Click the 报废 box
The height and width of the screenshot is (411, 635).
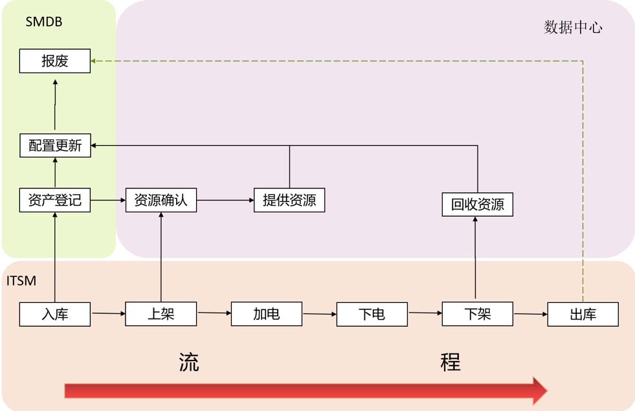pyautogui.click(x=55, y=61)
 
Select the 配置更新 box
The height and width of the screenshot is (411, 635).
pyautogui.click(x=55, y=146)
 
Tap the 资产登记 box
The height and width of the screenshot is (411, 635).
pyautogui.click(x=55, y=201)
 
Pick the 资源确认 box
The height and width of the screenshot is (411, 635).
pyautogui.click(x=161, y=201)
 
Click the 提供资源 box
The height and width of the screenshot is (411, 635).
pyautogui.click(x=289, y=201)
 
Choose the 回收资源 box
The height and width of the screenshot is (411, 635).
pyautogui.click(x=477, y=205)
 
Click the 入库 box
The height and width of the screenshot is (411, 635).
pyautogui.click(x=55, y=315)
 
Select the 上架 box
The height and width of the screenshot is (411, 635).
pyautogui.click(x=161, y=315)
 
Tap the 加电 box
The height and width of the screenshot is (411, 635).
pyautogui.click(x=266, y=315)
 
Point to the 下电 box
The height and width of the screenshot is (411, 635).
pyautogui.click(x=372, y=315)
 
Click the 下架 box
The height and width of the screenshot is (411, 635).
pyautogui.click(x=477, y=315)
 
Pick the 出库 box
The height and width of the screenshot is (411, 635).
pyautogui.click(x=583, y=315)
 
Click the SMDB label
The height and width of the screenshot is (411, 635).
pyautogui.click(x=44, y=22)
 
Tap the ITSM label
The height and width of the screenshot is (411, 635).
pyautogui.click(x=21, y=281)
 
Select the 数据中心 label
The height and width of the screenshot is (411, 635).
pyautogui.click(x=573, y=27)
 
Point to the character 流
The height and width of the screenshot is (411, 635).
pyautogui.click(x=188, y=362)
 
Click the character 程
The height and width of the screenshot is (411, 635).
pyautogui.click(x=451, y=362)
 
